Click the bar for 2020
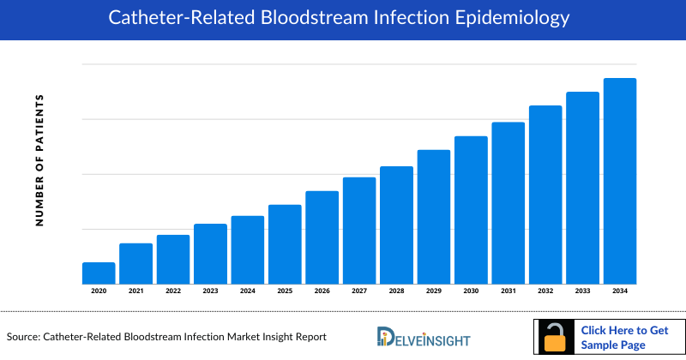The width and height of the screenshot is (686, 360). [x=99, y=273]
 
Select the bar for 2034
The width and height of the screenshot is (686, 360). [x=620, y=181]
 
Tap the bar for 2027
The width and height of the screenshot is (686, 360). [x=359, y=230]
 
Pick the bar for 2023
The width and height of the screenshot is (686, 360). [x=210, y=254]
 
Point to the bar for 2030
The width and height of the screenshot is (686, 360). [x=471, y=209]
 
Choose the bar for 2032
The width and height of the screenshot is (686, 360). [x=545, y=195]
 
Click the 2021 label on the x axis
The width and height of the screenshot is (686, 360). [x=136, y=292]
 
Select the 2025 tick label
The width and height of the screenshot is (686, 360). [x=285, y=292]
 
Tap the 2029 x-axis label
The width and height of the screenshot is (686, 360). [x=434, y=292]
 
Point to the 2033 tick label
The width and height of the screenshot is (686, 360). [x=583, y=292]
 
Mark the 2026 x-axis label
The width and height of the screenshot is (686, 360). [x=322, y=292]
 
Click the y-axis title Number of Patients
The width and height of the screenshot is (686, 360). [x=39, y=160]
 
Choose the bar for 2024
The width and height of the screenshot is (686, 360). [x=248, y=249]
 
